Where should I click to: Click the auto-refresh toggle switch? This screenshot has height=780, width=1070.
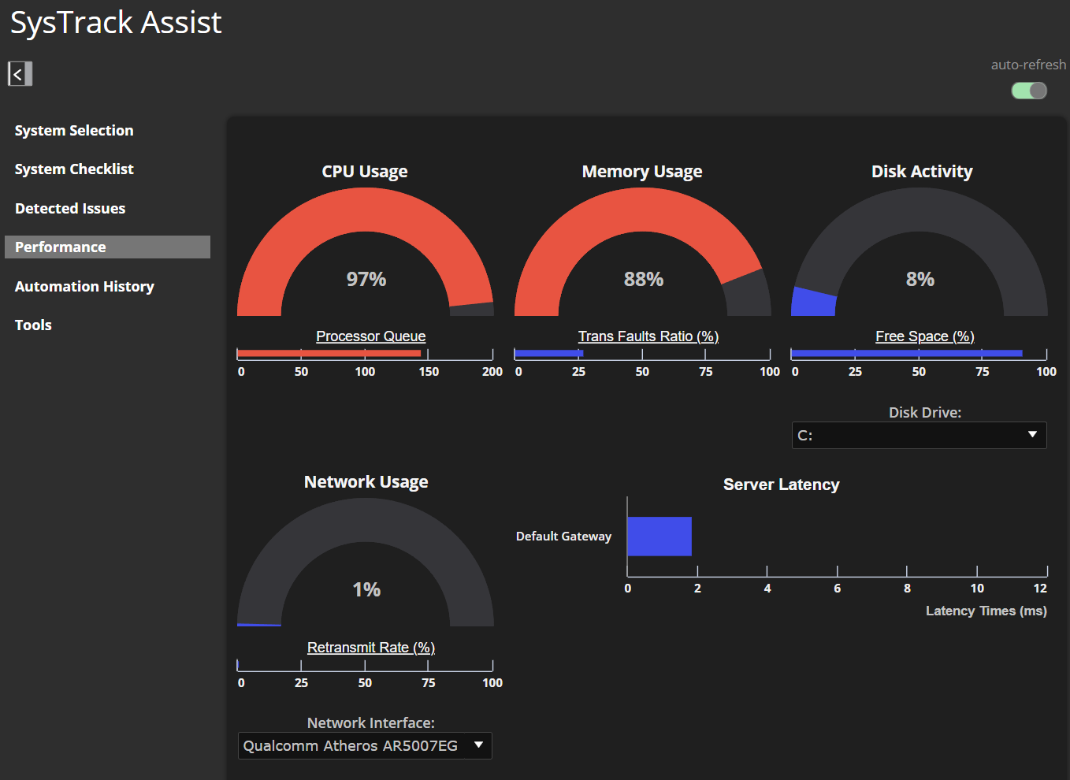[x=1029, y=91]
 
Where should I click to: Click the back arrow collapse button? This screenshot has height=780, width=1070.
[x=20, y=74]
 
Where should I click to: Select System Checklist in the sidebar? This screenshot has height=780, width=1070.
[x=74, y=169]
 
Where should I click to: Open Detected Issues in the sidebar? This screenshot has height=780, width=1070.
[x=70, y=209]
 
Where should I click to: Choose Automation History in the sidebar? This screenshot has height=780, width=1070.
[x=84, y=287]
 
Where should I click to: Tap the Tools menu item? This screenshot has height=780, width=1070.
[x=33, y=325]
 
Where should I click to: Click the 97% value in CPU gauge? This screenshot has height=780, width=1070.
[x=366, y=279]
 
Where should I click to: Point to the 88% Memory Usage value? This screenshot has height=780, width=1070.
[x=644, y=279]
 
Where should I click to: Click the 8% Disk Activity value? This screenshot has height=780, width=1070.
[x=920, y=279]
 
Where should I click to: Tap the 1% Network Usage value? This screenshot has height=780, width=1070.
[x=366, y=589]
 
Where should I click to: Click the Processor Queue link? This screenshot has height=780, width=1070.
[x=371, y=336]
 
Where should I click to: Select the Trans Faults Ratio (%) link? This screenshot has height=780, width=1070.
[x=648, y=336]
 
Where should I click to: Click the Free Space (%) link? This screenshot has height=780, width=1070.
[x=925, y=336]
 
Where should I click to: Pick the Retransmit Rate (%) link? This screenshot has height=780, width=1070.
[x=371, y=648]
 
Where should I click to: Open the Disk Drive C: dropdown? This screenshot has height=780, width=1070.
[x=919, y=435]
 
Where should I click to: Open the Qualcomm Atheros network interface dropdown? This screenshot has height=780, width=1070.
[x=365, y=745]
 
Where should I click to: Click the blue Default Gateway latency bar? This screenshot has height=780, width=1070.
[x=659, y=537]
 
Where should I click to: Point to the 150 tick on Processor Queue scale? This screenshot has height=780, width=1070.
[x=429, y=371]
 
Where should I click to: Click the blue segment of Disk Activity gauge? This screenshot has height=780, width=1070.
[x=814, y=303]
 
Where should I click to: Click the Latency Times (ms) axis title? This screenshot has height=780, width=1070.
[x=986, y=611]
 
